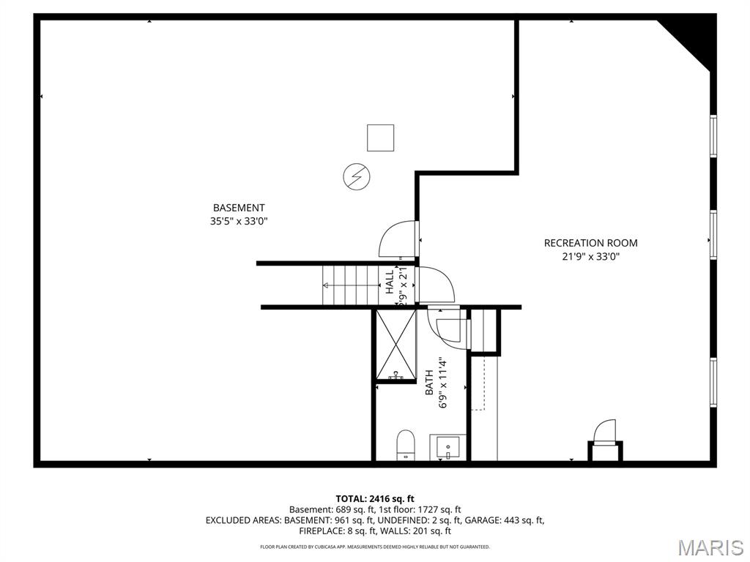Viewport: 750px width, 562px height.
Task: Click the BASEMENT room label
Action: pyautogui.click(x=239, y=208)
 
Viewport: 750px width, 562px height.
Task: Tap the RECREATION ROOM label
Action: pyautogui.click(x=590, y=243)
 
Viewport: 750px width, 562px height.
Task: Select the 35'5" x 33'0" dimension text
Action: pyautogui.click(x=239, y=220)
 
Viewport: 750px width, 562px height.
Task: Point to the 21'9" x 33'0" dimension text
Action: pyautogui.click(x=590, y=256)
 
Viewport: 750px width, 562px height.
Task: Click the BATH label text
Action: pyautogui.click(x=429, y=383)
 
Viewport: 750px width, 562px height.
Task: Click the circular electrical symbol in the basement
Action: pyautogui.click(x=357, y=176)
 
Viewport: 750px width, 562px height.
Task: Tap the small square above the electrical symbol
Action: pyautogui.click(x=380, y=138)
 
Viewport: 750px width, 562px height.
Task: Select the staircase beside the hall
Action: pyautogui.click(x=349, y=285)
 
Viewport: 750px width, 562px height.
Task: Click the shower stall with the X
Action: pyautogui.click(x=395, y=344)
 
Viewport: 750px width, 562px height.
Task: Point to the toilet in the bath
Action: pyautogui.click(x=405, y=445)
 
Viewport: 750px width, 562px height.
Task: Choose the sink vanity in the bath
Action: pyautogui.click(x=448, y=447)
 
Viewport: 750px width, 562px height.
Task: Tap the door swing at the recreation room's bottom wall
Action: pyautogui.click(x=604, y=431)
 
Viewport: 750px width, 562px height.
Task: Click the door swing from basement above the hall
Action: pyautogui.click(x=398, y=239)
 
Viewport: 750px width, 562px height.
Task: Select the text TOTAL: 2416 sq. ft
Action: pyautogui.click(x=375, y=499)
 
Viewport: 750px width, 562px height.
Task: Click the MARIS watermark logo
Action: pyautogui.click(x=710, y=547)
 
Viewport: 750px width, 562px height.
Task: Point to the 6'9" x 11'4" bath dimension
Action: pyautogui.click(x=442, y=382)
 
